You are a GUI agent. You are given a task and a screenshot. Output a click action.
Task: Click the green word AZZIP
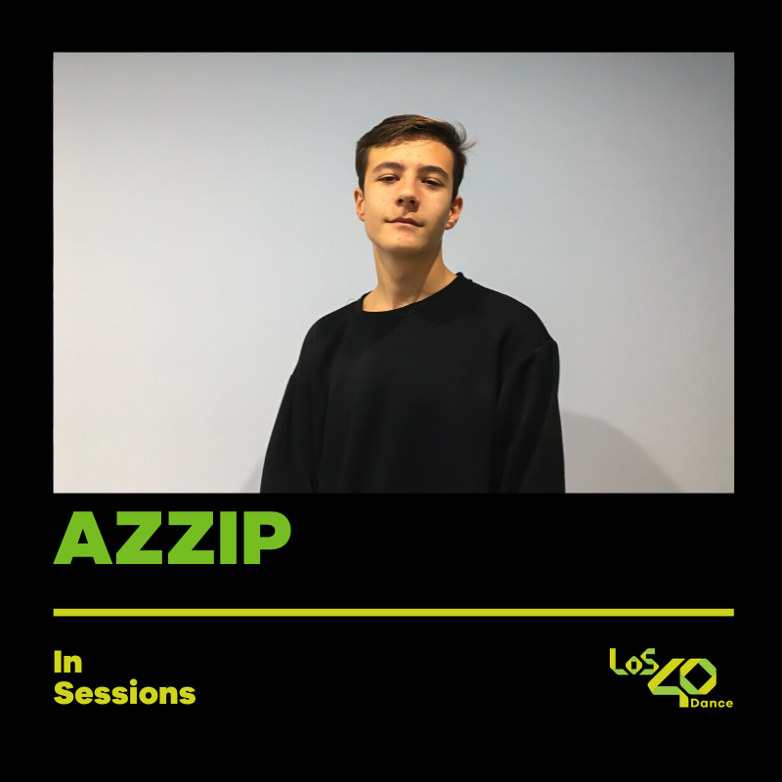(172, 538)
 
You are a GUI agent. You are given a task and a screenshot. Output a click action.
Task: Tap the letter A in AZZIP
(78, 539)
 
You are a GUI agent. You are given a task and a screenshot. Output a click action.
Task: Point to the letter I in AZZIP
(227, 538)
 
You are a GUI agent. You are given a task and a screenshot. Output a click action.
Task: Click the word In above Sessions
(67, 663)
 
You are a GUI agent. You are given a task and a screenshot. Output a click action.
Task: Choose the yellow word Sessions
(124, 694)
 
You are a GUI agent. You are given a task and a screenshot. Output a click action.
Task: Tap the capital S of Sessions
(64, 694)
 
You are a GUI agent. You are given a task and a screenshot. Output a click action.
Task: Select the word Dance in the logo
(712, 703)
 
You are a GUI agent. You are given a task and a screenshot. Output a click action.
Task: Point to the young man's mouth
(404, 222)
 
